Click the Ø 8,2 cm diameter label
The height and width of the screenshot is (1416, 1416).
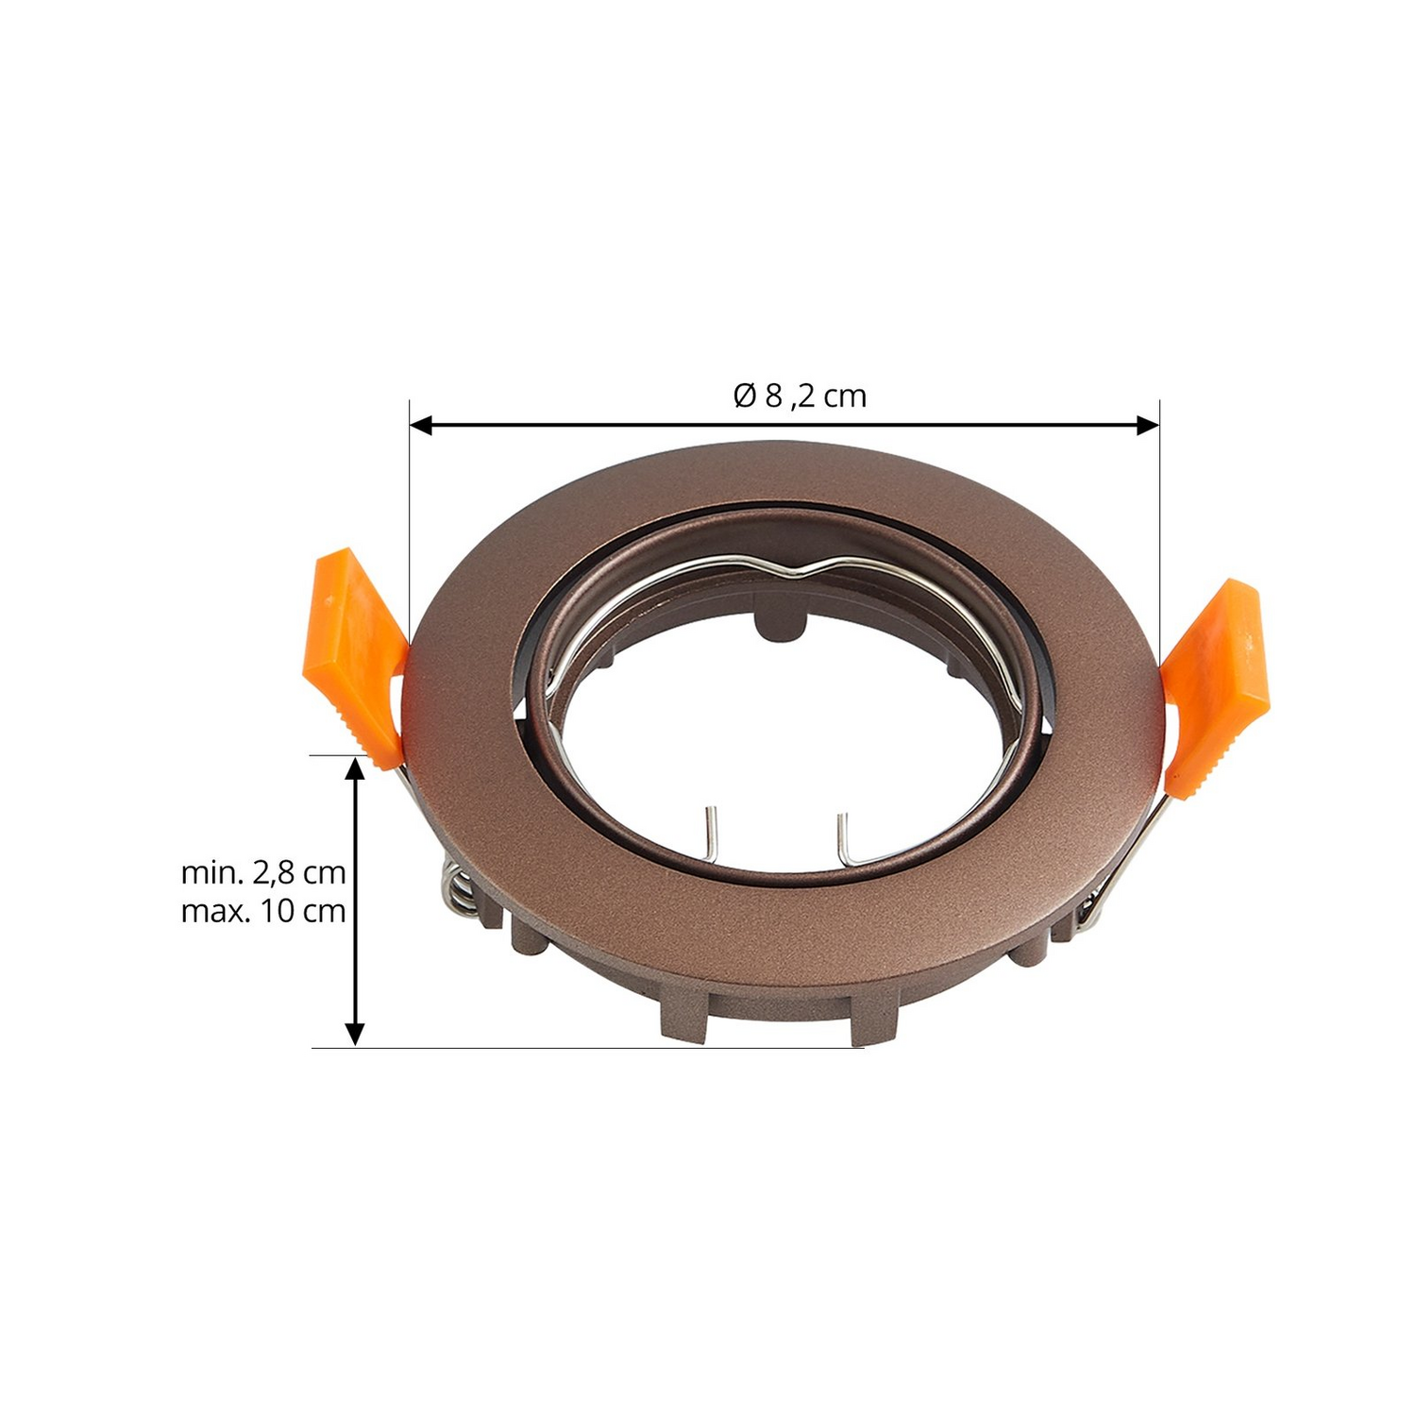(x=800, y=396)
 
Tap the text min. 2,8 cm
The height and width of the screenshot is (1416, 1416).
(x=263, y=872)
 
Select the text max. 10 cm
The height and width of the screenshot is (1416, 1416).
(x=263, y=912)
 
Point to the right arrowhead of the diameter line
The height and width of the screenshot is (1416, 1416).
(x=1149, y=426)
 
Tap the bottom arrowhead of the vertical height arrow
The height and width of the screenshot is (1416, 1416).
(x=355, y=1035)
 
